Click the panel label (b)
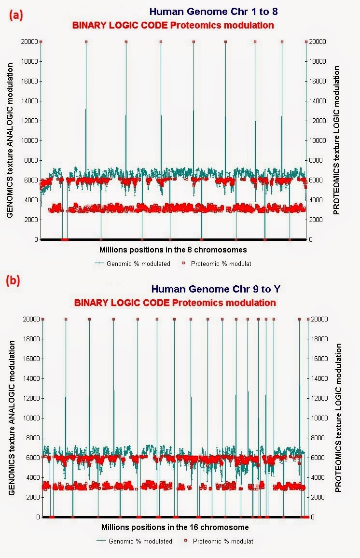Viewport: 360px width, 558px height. pos(13,281)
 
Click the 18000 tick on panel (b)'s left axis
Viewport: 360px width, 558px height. pos(30,339)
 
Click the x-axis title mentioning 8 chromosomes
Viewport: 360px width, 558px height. pos(173,250)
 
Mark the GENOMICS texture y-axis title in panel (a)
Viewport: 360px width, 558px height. pos(11,140)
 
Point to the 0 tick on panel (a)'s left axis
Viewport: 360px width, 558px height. pos(36,239)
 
